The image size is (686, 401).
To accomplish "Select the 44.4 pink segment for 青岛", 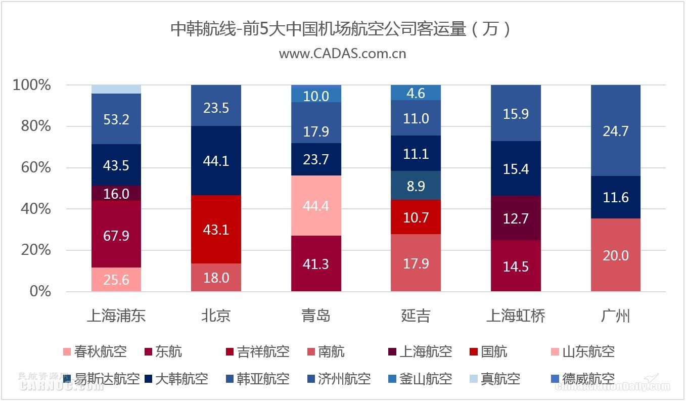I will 316,206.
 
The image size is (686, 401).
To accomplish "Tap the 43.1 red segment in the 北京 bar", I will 216,230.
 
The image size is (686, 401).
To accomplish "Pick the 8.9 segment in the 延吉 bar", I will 416,186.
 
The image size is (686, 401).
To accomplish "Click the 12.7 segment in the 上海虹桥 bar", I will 516,218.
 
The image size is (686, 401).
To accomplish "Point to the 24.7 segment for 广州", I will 615,131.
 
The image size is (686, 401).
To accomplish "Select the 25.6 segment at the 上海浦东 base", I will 116,279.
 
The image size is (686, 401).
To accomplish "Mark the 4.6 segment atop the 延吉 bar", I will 416,93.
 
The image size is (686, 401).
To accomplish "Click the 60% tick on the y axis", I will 36,167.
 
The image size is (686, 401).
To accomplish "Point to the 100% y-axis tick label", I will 32,85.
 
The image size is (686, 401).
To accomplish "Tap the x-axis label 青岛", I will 316,316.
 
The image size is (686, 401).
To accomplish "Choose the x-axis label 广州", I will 615,316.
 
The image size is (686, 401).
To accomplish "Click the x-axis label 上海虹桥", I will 516,316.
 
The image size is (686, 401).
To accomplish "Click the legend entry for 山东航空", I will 588,351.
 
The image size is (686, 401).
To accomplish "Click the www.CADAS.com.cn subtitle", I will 342,54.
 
